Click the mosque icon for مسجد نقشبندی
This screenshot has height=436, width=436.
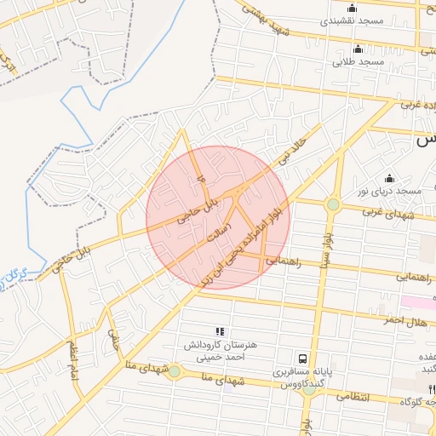[352, 9]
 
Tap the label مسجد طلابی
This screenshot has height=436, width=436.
[359, 62]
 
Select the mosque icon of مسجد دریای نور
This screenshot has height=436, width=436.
[390, 178]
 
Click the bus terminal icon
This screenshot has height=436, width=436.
[302, 359]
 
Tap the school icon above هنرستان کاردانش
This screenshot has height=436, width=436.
[220, 331]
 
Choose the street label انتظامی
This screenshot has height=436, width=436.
[351, 397]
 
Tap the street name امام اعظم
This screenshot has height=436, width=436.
[74, 363]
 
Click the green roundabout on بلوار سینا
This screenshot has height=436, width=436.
[333, 204]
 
